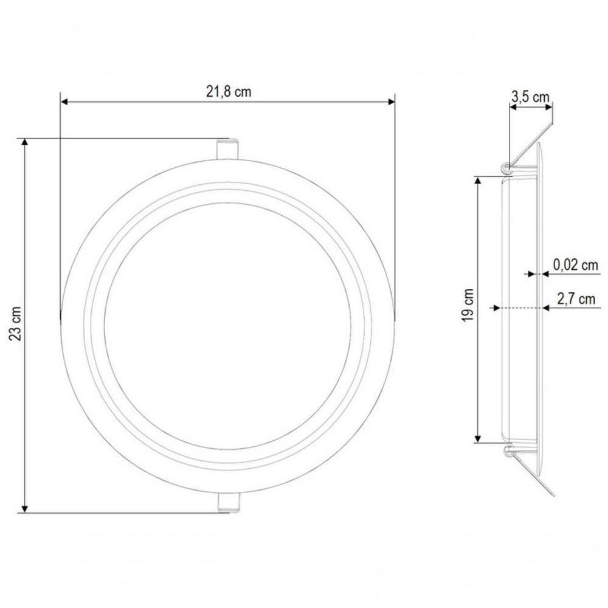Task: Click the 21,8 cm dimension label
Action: tap(229, 92)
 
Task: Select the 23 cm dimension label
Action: tap(16, 323)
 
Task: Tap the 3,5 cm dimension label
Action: tap(530, 97)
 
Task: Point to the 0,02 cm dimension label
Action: tap(575, 265)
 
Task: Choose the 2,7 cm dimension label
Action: tap(576, 299)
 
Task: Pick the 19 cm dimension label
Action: tap(468, 305)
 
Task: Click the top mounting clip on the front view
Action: tap(227, 148)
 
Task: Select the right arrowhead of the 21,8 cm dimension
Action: tap(391, 102)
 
